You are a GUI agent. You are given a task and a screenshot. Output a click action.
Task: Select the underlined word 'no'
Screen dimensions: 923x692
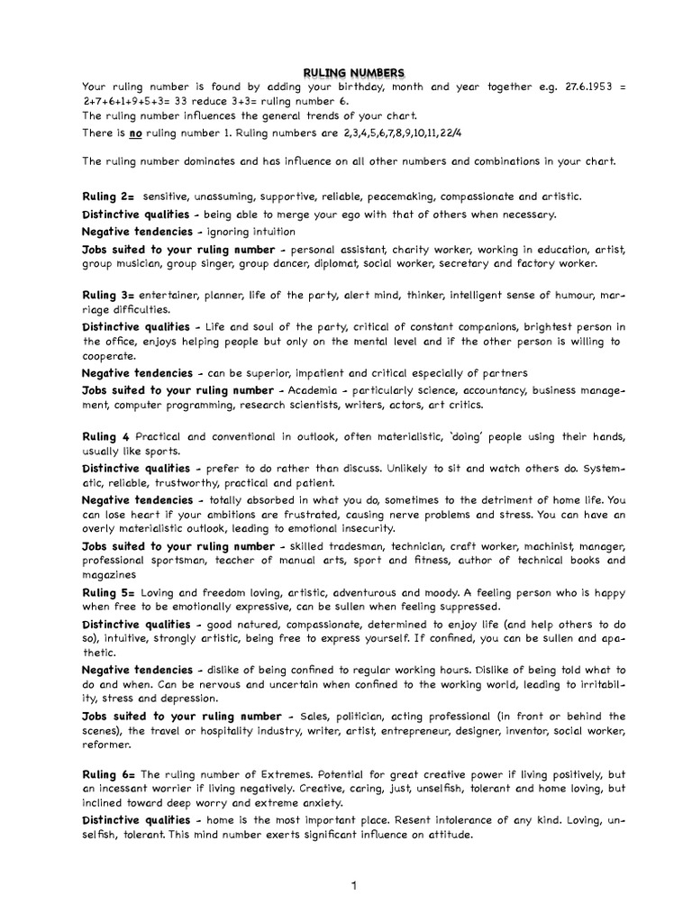point(136,133)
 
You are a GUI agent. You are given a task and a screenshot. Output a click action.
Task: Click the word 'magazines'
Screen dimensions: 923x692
point(109,574)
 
